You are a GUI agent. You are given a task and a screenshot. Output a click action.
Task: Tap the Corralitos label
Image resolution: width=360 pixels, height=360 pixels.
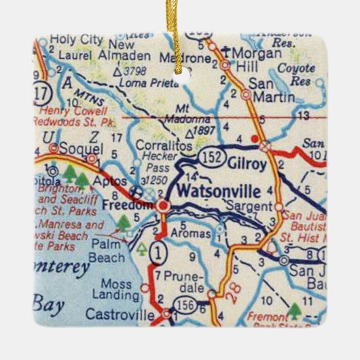pos(159,145)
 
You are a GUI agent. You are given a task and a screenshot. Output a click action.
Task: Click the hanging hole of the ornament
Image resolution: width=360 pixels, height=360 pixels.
pos(179,77)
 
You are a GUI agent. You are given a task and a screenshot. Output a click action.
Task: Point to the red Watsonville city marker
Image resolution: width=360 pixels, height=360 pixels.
pos(163,204)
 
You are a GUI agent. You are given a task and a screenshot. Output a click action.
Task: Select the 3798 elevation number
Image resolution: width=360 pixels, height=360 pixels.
pos(141,71)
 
